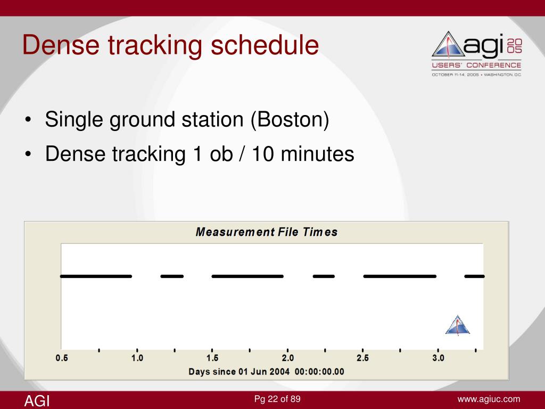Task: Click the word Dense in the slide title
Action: (x=61, y=45)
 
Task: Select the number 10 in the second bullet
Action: (x=263, y=153)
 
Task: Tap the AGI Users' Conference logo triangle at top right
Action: (x=448, y=45)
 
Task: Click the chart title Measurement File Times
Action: (x=267, y=232)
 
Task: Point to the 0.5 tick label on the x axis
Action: (x=62, y=358)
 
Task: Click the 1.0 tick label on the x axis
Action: (x=137, y=358)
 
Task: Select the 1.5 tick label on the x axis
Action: (x=212, y=358)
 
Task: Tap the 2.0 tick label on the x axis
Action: (x=288, y=358)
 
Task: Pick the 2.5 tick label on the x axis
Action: (x=363, y=358)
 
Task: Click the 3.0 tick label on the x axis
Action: (x=439, y=358)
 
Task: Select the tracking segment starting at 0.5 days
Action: (x=96, y=276)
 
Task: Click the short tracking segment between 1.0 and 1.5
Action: (x=172, y=276)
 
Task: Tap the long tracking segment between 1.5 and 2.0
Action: (x=247, y=276)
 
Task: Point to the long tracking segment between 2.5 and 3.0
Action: (x=400, y=276)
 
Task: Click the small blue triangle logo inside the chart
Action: (x=458, y=325)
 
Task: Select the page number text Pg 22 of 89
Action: (x=277, y=399)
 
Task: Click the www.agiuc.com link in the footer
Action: (x=489, y=399)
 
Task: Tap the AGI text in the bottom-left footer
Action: (x=37, y=401)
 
